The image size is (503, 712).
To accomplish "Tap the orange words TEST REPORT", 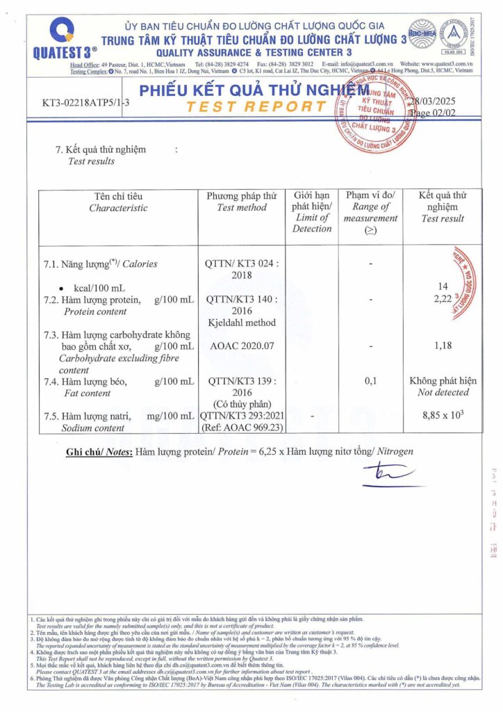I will coord(258,106).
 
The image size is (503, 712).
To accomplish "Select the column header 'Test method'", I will coord(241,207).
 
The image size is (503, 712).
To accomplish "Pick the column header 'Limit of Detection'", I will coord(312,223).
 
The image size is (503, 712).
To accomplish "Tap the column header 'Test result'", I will coord(443,218).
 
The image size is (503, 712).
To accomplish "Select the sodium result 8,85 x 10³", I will coord(443,416).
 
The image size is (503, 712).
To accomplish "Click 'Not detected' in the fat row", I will coord(443,392).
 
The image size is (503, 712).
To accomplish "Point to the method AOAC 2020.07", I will coord(241,346).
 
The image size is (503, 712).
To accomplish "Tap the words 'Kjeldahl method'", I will coord(241,323).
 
